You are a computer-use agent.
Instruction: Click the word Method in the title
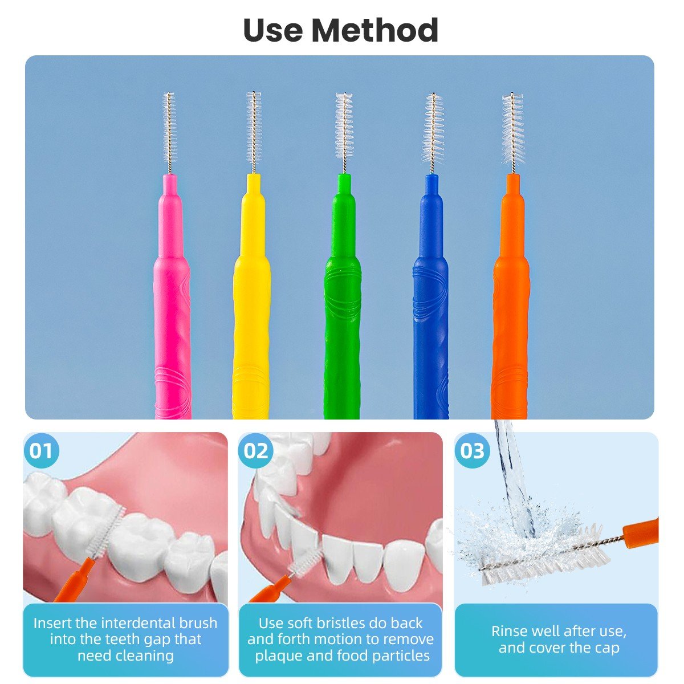374,30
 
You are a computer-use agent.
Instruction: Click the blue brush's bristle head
433,128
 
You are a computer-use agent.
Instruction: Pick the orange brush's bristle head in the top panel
513,128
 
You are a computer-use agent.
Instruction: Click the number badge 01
41,451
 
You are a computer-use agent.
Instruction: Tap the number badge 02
255,451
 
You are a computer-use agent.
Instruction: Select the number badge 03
472,451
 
